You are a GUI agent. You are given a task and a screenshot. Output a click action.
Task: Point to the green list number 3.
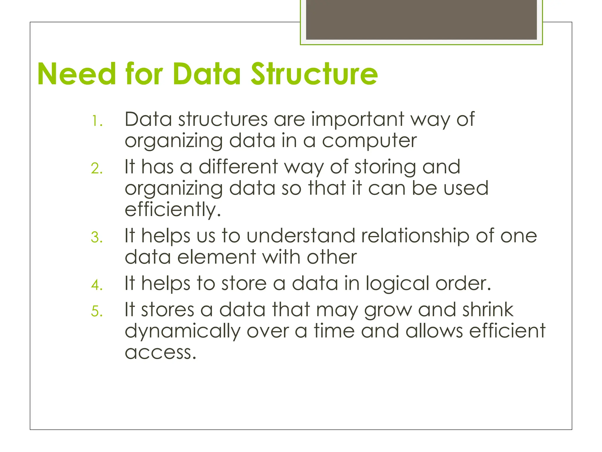pos(97,237)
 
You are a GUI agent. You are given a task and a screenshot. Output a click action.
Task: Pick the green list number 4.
pos(97,285)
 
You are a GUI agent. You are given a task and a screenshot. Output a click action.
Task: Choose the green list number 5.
pos(97,311)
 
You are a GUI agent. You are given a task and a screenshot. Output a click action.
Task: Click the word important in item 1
pos(357,119)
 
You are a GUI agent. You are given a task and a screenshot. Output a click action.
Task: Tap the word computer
pos(369,141)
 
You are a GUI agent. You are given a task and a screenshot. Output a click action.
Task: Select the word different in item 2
pos(238,167)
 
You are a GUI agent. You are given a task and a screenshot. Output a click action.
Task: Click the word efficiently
pos(173,210)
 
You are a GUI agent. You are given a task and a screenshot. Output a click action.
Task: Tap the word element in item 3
pos(217,257)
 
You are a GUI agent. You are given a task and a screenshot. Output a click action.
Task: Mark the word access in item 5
pos(160,352)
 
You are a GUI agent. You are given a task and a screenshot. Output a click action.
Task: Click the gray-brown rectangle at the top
pos(421,19)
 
